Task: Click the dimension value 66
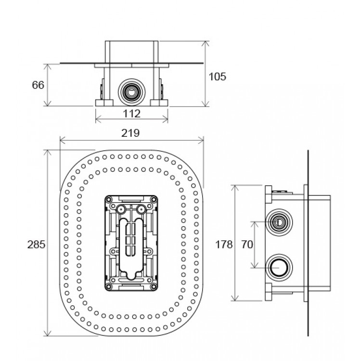click(38, 85)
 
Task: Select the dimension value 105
click(218, 77)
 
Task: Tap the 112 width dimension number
click(132, 114)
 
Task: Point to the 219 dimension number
click(130, 133)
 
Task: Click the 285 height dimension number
click(37, 245)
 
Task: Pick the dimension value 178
click(224, 244)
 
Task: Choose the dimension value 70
click(247, 244)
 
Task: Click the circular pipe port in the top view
click(132, 92)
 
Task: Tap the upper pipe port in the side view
click(279, 222)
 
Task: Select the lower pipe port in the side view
click(279, 268)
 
